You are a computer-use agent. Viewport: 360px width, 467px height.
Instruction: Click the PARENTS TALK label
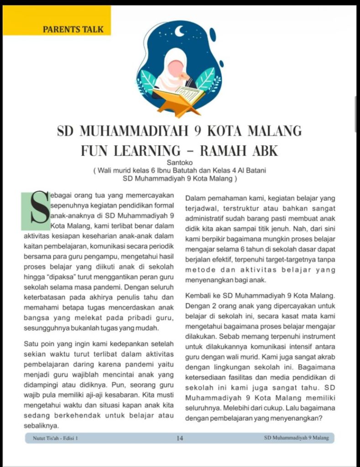[x=73, y=30]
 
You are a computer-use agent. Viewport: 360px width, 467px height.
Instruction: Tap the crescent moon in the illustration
[x=181, y=31]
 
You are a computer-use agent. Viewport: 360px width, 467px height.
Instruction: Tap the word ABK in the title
[x=262, y=150]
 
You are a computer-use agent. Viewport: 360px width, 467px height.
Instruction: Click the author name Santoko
[x=180, y=162]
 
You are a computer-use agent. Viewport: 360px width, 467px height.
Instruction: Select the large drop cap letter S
[x=36, y=211]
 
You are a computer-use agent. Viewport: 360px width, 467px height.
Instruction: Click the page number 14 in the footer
[x=180, y=438]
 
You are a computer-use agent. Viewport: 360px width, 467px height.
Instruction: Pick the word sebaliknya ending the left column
[x=41, y=425]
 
